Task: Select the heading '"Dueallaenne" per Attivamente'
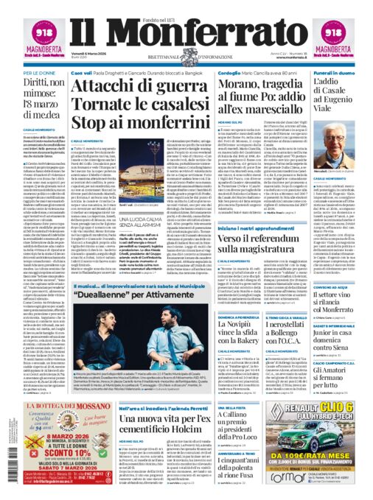pos(130,292)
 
